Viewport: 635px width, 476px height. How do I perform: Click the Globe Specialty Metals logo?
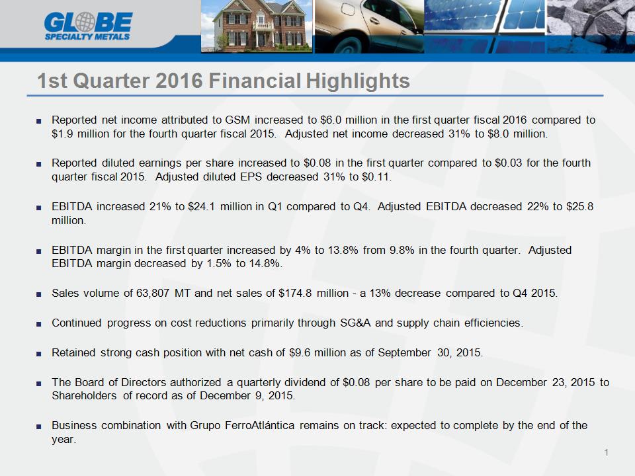tap(88, 26)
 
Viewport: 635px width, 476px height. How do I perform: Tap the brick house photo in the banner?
tap(257, 26)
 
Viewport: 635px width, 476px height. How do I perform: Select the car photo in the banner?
tap(369, 26)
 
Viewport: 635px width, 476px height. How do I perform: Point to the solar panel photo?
tap(485, 26)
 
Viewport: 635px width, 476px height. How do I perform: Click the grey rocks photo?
tap(591, 26)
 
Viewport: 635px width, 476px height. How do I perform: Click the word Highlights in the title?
tap(358, 81)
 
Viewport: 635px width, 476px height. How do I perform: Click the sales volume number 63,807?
tap(153, 293)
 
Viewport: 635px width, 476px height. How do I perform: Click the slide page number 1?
tap(607, 452)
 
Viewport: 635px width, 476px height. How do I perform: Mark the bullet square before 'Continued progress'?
tap(38, 324)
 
